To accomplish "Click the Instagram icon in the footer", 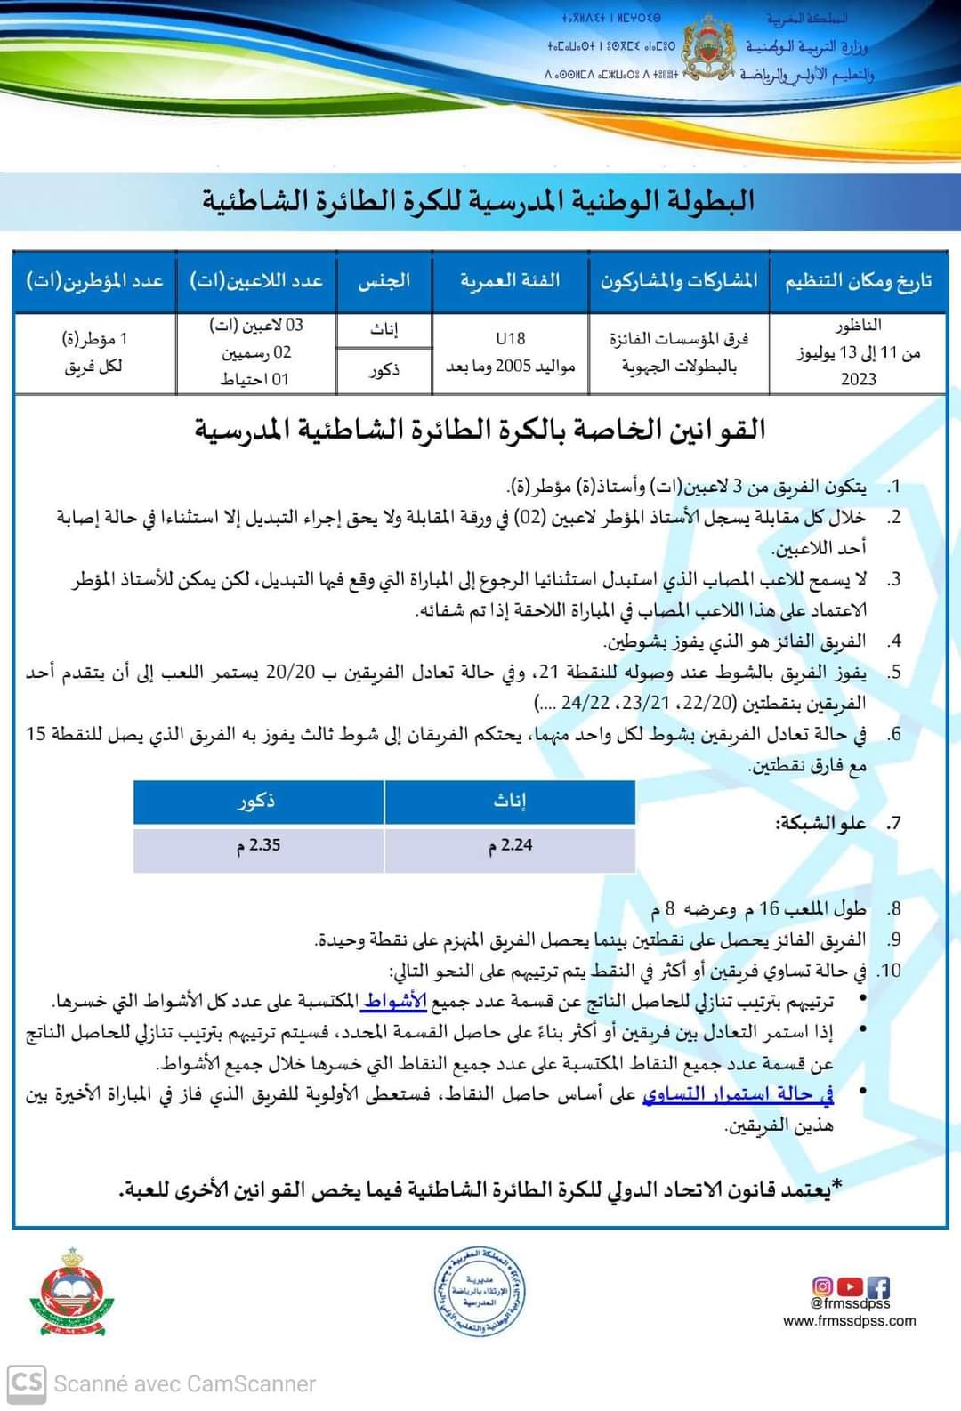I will [823, 1286].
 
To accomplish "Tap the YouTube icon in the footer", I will [851, 1286].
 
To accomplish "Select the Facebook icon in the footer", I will [878, 1286].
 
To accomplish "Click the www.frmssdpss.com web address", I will [849, 1321].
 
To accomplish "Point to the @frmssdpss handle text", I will [850, 1304].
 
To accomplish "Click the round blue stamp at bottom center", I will [480, 1292].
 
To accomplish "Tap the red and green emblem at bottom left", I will [72, 1292].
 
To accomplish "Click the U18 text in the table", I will [511, 339].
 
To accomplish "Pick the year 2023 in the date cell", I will [858, 379].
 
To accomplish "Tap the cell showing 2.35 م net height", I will [259, 845].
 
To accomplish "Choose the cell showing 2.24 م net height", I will [510, 845].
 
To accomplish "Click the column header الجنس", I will [384, 281].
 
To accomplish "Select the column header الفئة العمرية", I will [510, 281].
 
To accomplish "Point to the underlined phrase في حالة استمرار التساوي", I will [738, 1094].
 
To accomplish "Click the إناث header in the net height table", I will [510, 802].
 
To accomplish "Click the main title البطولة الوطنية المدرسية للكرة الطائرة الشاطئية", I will [478, 200].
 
